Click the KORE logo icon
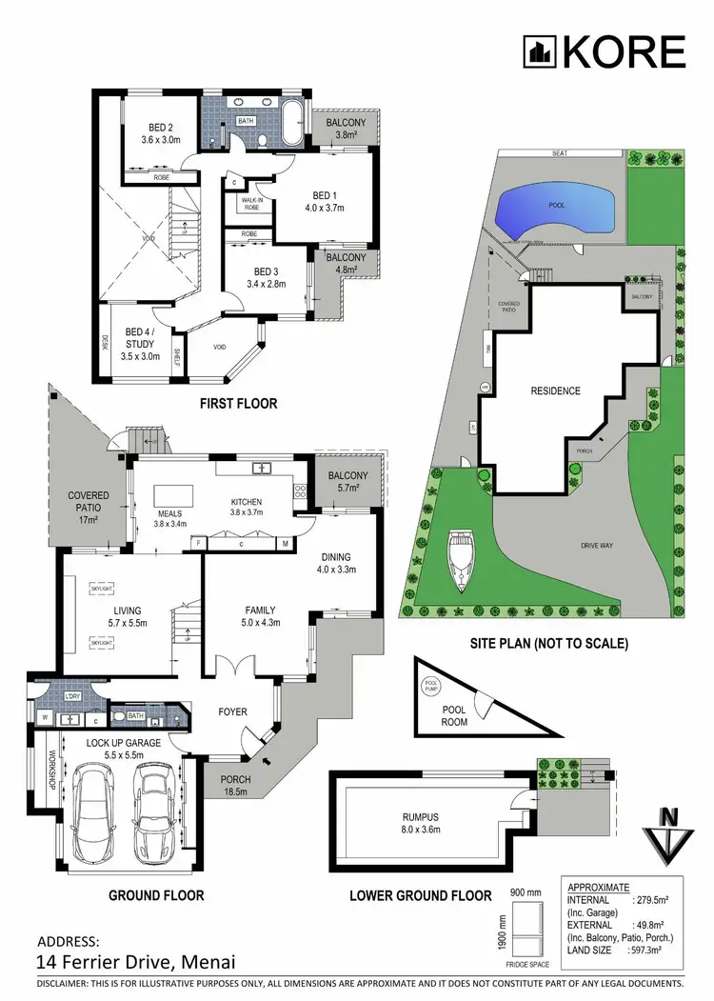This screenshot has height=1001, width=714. (x=540, y=51)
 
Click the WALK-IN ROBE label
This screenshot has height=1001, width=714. (x=251, y=204)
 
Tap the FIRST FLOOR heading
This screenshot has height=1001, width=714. (x=238, y=404)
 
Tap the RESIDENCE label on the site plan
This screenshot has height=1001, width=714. (x=556, y=390)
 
